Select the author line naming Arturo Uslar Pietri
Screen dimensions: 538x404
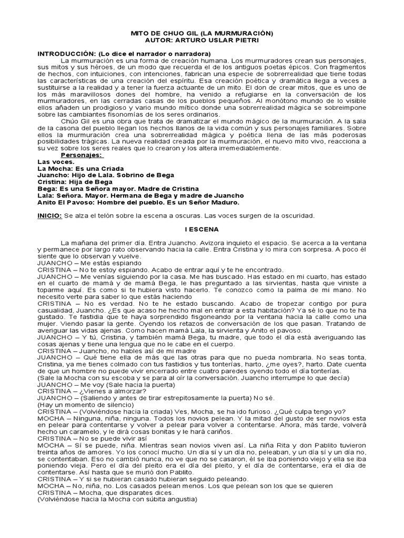(201, 40)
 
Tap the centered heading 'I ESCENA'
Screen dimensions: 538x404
(201, 230)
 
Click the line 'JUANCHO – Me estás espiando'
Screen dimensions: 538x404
(82, 263)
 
